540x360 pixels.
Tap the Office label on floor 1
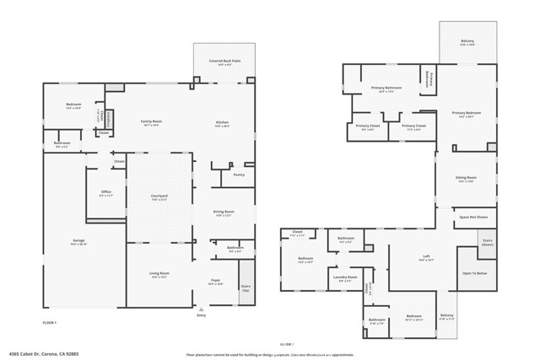pyautogui.click(x=106, y=193)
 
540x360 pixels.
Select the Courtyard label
pyautogui.click(x=159, y=197)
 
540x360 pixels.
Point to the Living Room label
pyautogui.click(x=159, y=275)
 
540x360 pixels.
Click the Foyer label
pyautogui.click(x=215, y=281)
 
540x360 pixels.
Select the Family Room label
pyautogui.click(x=150, y=122)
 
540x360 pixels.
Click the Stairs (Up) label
pyautogui.click(x=246, y=287)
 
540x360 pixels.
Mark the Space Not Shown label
pyautogui.click(x=473, y=218)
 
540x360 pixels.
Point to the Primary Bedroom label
pyautogui.click(x=466, y=113)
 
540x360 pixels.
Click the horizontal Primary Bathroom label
pyautogui.click(x=389, y=88)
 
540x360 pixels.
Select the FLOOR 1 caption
pyautogui.click(x=50, y=323)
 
